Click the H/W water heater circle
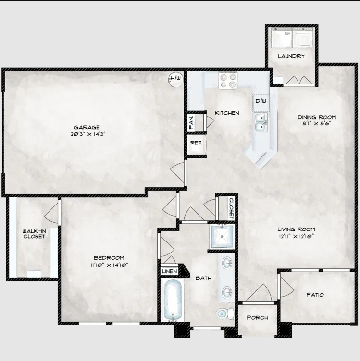pos(175,79)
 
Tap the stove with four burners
pos(228,80)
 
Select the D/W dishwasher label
pos(261,101)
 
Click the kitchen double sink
pos(261,122)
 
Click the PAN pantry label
pos(191,122)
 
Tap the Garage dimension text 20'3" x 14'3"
pos(88,134)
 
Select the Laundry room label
pos(291,56)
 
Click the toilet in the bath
pos(225,313)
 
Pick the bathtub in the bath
pos(173,300)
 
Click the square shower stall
pos(222,237)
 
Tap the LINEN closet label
pos(170,271)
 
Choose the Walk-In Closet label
pos(34,234)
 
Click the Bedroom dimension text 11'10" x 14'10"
pos(109,265)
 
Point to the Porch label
pos(258,318)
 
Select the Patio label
pos(315,295)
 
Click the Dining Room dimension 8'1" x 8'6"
pos(317,124)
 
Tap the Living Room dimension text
pos(296,236)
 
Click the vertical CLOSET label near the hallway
pos(231,208)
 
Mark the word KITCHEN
pos(227,113)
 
